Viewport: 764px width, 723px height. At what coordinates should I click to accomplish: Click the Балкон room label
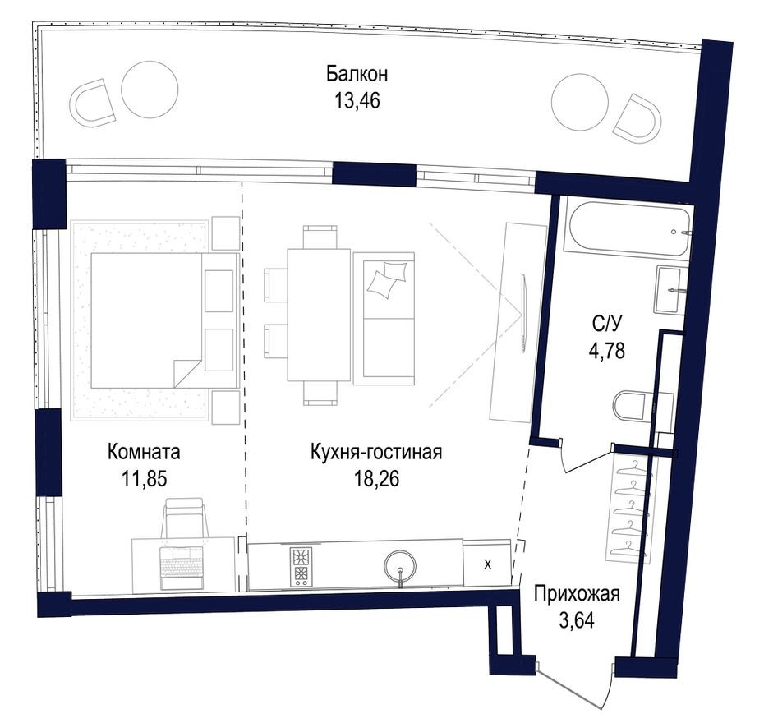click(x=357, y=75)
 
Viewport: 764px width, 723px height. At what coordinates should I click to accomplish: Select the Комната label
click(x=144, y=452)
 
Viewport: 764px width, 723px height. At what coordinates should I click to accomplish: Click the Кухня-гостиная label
click(x=376, y=452)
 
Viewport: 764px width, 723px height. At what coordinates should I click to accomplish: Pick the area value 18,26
click(x=376, y=479)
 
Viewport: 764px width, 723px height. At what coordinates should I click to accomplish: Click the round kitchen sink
click(x=401, y=565)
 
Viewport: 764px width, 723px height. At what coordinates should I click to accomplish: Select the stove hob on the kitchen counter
click(x=301, y=565)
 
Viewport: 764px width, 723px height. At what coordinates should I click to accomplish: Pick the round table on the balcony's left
click(x=150, y=89)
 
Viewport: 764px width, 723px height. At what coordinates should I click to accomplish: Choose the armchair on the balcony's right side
click(x=637, y=118)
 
